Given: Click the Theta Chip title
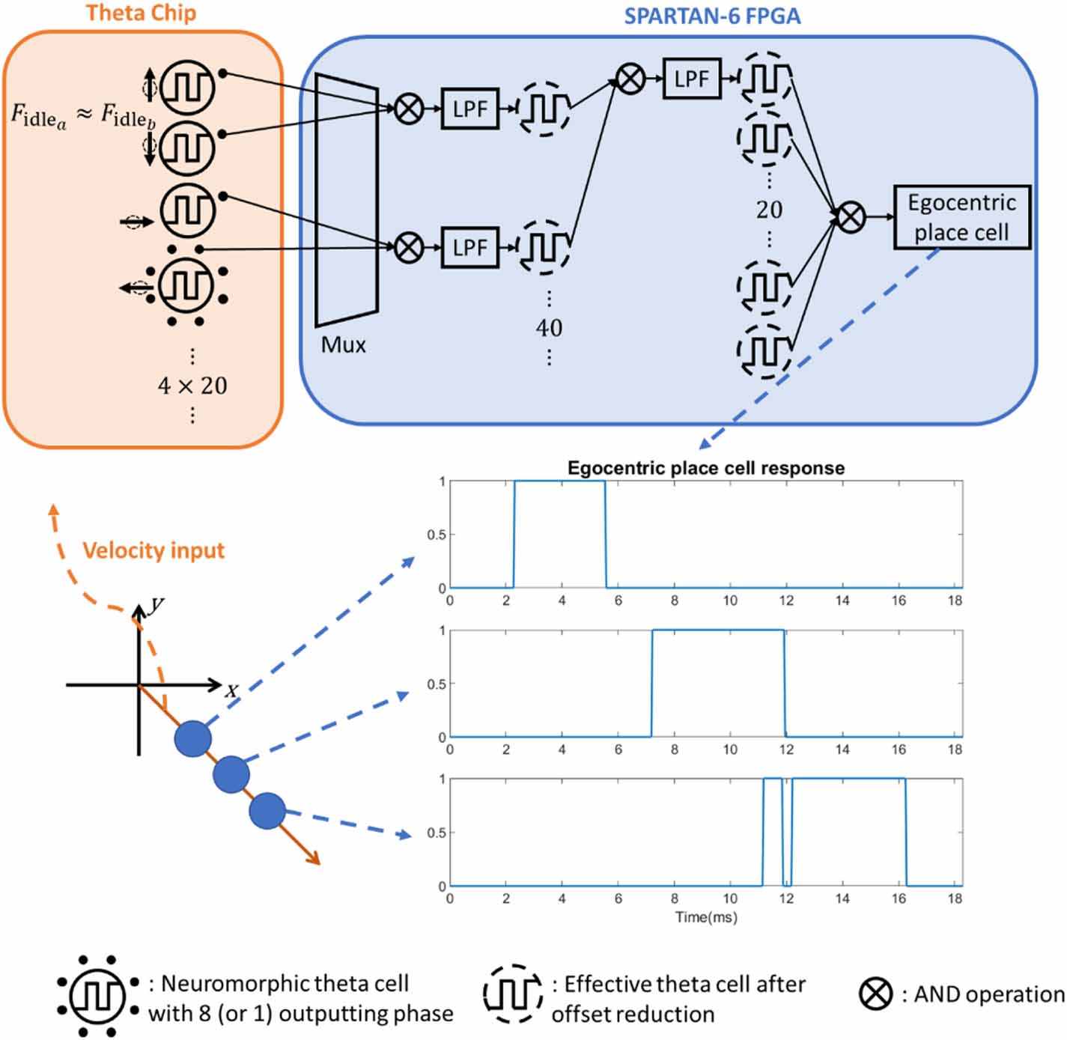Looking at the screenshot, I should click(x=141, y=13).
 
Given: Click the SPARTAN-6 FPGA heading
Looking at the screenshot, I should click(x=712, y=16).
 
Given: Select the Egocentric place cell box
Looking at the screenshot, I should click(x=961, y=217).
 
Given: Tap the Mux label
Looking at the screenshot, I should click(x=343, y=345).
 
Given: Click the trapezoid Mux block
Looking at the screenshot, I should click(x=346, y=199).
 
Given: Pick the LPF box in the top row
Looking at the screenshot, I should click(x=691, y=79).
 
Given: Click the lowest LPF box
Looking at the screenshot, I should click(x=469, y=247).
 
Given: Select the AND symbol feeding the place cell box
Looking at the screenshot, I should click(x=850, y=217).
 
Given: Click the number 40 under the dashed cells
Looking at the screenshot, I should click(x=549, y=328).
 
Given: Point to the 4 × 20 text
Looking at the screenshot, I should click(x=192, y=386).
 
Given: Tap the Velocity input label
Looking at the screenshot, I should click(x=153, y=550).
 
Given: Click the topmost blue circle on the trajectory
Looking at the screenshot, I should click(x=193, y=739).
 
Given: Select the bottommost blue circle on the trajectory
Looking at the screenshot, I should click(x=267, y=811).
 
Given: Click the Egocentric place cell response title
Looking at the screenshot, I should click(x=705, y=468).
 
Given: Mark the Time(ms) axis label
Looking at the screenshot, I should click(x=705, y=917).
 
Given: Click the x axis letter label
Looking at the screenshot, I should click(x=232, y=690).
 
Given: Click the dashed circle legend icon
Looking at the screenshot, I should click(x=513, y=994).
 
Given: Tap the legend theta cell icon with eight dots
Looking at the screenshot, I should click(x=98, y=996).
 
